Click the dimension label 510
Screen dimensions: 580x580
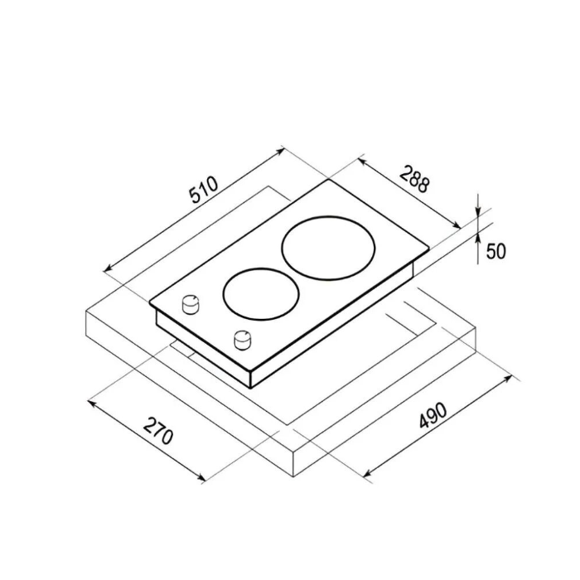click(204, 190)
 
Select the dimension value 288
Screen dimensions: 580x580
click(415, 179)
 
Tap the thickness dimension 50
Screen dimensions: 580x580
click(495, 251)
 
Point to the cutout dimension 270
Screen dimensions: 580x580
click(158, 431)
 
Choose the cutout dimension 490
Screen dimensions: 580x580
click(433, 415)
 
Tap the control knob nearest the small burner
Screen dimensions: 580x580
click(191, 304)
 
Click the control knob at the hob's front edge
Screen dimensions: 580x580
click(243, 340)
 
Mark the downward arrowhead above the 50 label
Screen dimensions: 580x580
click(478, 212)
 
